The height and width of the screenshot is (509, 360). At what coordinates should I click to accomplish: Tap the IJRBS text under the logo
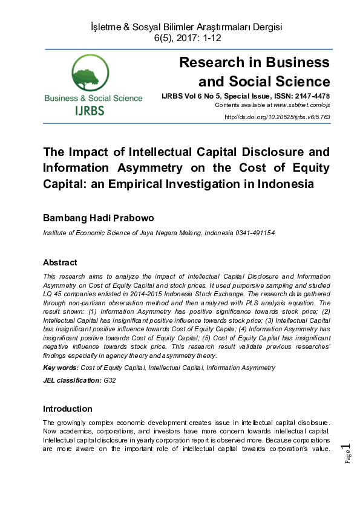(x=90, y=111)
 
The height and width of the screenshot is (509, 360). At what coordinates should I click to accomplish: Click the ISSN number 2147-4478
(x=310, y=96)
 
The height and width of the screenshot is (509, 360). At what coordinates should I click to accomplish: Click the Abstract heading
(x=60, y=262)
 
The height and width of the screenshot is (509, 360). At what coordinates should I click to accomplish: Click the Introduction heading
(x=67, y=409)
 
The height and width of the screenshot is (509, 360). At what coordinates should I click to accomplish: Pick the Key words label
(x=61, y=368)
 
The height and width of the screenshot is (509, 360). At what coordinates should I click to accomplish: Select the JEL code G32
(x=110, y=380)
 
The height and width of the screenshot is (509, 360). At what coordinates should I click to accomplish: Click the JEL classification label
(x=72, y=380)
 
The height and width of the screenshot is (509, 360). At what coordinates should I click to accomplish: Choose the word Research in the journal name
(x=215, y=62)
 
